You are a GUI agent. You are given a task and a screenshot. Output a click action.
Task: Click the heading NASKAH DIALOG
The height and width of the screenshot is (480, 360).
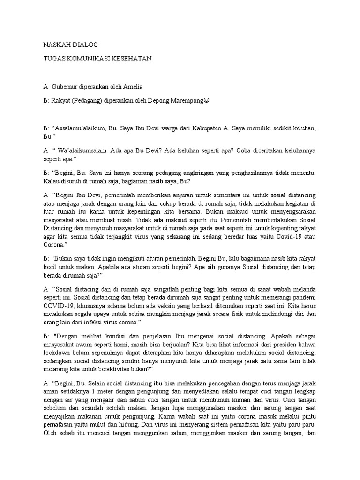(x=70, y=45)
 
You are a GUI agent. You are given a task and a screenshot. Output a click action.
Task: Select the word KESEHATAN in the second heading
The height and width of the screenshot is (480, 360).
(x=132, y=59)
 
